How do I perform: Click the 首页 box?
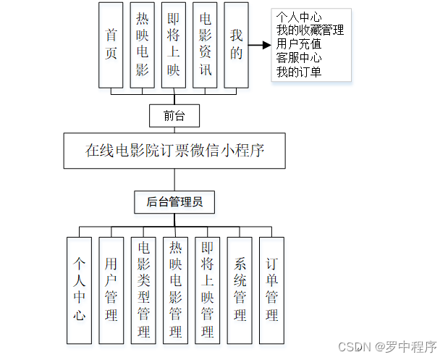pyautogui.click(x=111, y=45)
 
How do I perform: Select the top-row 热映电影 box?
pyautogui.click(x=143, y=45)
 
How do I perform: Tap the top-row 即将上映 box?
pyautogui.click(x=173, y=45)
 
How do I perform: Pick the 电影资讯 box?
pyautogui.click(x=205, y=45)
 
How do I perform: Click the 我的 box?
pyautogui.click(x=237, y=45)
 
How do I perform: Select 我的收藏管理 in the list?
pyautogui.click(x=310, y=30)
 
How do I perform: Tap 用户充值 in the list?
pyautogui.click(x=299, y=44)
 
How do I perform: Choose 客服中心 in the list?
pyautogui.click(x=299, y=58)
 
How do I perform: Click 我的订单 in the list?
pyautogui.click(x=299, y=72)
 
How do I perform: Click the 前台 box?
pyautogui.click(x=174, y=115)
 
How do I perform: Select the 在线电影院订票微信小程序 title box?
pyautogui.click(x=174, y=151)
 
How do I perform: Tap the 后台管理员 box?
pyautogui.click(x=174, y=202)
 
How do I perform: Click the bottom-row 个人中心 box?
pyautogui.click(x=79, y=290)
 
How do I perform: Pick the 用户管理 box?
pyautogui.click(x=111, y=290)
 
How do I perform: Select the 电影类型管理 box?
pyautogui.click(x=143, y=290)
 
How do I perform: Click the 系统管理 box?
pyautogui.click(x=240, y=290)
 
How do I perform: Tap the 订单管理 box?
pyautogui.click(x=271, y=290)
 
